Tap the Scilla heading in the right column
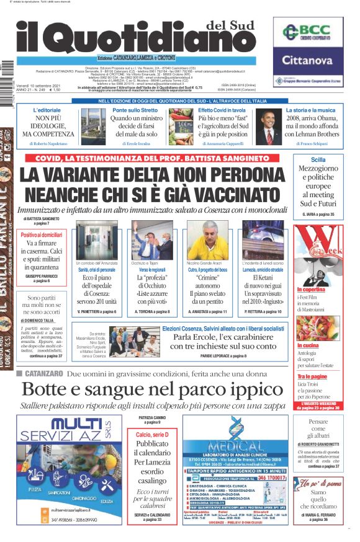click(x=318, y=159)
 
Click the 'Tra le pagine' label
click(x=312, y=376)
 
